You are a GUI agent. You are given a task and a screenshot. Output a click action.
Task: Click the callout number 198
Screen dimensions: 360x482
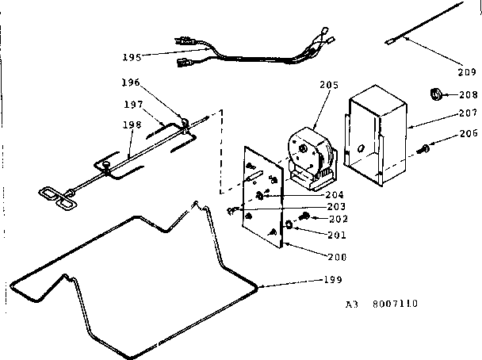click(132, 124)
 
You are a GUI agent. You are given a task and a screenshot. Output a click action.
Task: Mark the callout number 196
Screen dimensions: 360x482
click(132, 82)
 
